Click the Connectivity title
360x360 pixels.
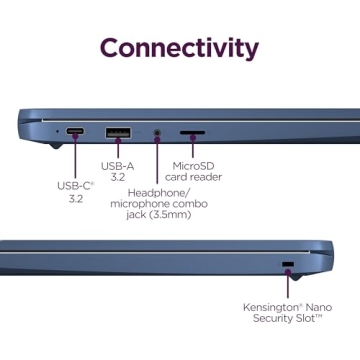click(x=179, y=49)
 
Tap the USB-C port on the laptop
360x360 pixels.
click(x=75, y=131)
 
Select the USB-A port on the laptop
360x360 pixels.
click(x=118, y=133)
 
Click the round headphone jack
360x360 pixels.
click(x=158, y=133)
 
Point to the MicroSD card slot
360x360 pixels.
click(x=193, y=132)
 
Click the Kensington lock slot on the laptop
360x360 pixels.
click(x=288, y=264)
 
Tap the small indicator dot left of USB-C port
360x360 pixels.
click(x=58, y=131)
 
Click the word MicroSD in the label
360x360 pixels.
click(x=194, y=166)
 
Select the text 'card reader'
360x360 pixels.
click(x=193, y=177)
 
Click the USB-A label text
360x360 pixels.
click(x=118, y=166)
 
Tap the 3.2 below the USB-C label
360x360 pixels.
click(x=76, y=199)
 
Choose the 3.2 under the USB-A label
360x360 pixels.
click(x=118, y=177)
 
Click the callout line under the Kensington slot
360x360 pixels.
click(x=288, y=282)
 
